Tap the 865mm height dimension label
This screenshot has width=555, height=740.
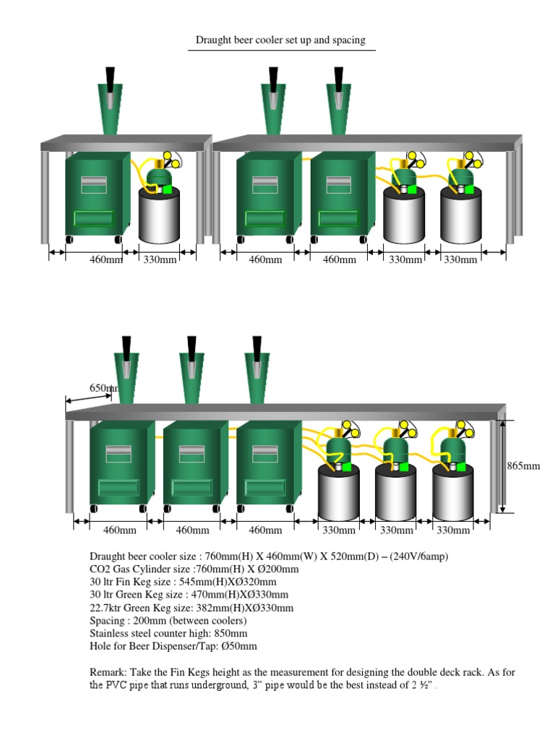pos(523,466)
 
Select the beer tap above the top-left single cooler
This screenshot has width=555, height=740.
pos(110,101)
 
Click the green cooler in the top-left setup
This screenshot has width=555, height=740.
pos(96,195)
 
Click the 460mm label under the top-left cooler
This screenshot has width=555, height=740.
pos(106,259)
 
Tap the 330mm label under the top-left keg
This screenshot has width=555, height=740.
pos(160,259)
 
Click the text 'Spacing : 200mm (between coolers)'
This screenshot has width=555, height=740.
pos(168,621)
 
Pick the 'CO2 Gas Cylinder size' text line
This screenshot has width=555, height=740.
pos(194,569)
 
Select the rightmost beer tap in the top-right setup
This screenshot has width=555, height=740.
pos(340,101)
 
